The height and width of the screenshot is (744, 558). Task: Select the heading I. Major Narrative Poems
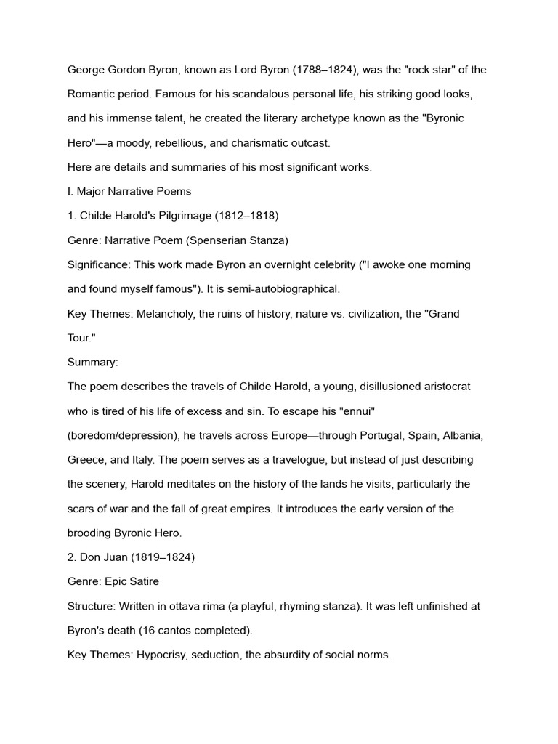coord(129,191)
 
